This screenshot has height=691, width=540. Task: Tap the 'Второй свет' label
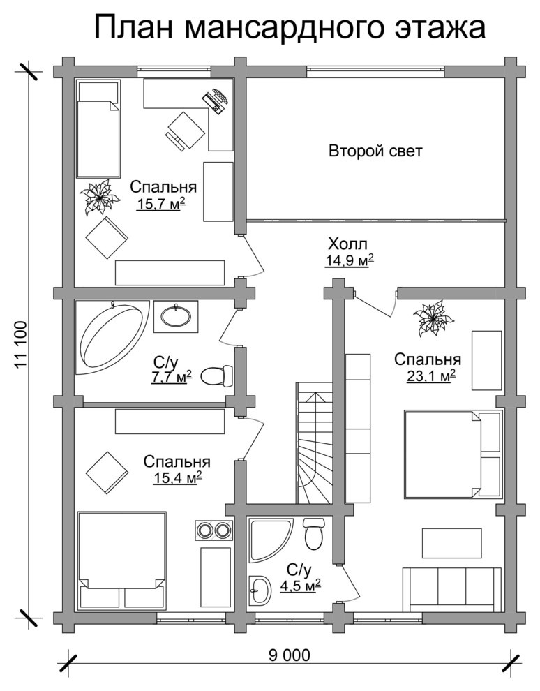[375, 151]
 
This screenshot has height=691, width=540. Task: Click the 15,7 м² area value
[160, 204]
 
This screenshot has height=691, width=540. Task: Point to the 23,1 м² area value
[430, 376]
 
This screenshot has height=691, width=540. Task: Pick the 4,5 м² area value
[300, 586]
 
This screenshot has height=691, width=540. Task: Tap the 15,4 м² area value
[177, 477]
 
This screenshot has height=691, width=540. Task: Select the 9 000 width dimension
[289, 655]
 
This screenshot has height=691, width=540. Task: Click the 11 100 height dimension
[21, 345]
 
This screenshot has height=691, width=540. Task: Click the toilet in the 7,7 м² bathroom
[217, 376]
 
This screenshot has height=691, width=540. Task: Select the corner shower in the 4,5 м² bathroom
[270, 540]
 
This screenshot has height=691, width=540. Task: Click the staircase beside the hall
[315, 443]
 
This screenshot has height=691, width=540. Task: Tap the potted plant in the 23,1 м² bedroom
[433, 318]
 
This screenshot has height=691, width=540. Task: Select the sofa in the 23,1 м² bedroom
[452, 590]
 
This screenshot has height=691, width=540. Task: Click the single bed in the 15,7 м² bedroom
[98, 128]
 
